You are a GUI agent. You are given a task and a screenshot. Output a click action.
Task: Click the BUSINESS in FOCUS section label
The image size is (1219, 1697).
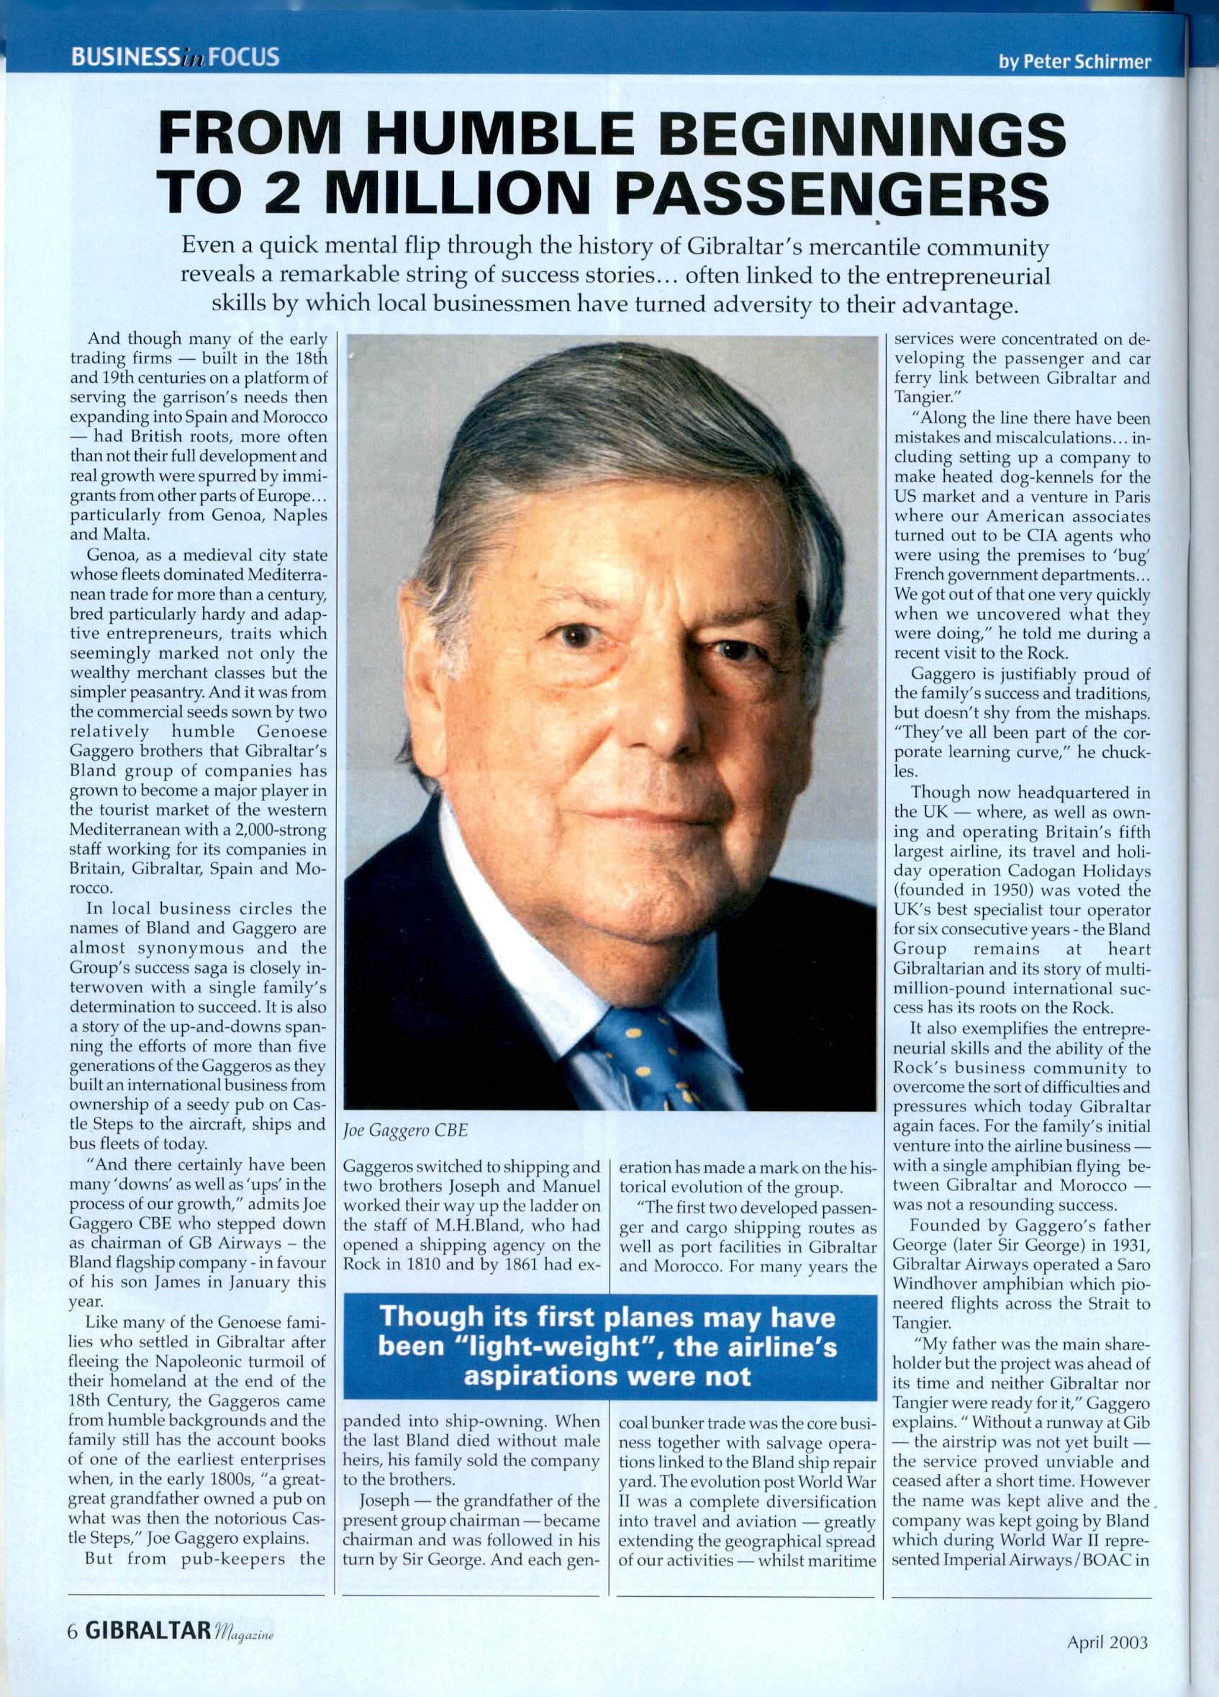coord(175,57)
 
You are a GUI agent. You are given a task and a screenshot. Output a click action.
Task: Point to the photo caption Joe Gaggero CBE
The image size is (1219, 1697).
coord(405,1130)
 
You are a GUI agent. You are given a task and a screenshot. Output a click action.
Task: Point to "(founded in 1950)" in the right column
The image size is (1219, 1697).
coord(958,890)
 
